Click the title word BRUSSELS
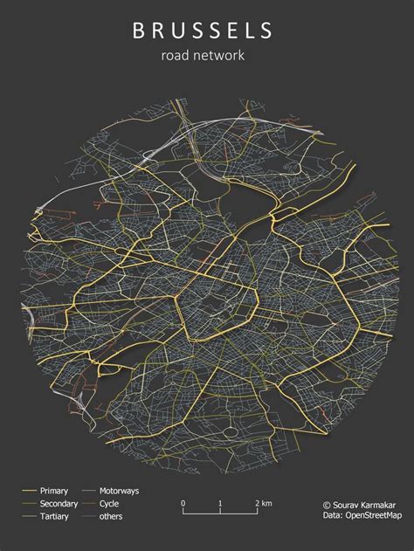[203, 32]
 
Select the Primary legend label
[54, 491]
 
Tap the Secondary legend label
[59, 504]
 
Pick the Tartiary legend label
[54, 517]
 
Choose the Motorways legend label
[119, 491]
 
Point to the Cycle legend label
[109, 504]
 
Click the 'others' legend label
[111, 517]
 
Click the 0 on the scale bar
[183, 504]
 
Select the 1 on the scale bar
[220, 504]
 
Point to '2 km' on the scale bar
[263, 504]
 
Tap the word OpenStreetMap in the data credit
[375, 517]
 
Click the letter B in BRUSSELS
[138, 32]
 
